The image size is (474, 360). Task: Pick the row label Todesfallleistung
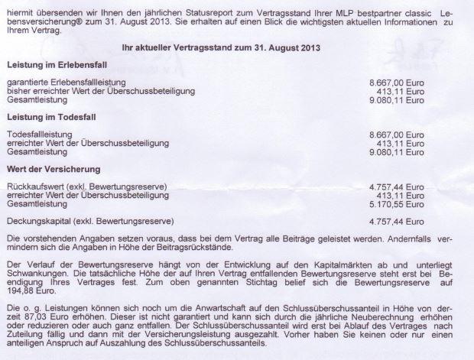(x=38, y=135)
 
